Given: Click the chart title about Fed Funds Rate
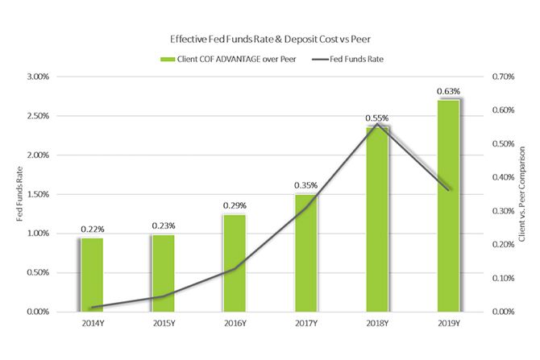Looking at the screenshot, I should pyautogui.click(x=269, y=38).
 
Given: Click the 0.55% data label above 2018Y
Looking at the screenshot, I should pyautogui.click(x=376, y=118).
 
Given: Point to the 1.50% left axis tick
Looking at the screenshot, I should pyautogui.click(x=38, y=194).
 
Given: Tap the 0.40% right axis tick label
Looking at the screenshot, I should pyautogui.click(x=501, y=177).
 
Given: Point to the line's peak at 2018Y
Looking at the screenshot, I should pyautogui.click(x=376, y=123).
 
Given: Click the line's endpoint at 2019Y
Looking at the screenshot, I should pyautogui.click(x=449, y=190).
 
